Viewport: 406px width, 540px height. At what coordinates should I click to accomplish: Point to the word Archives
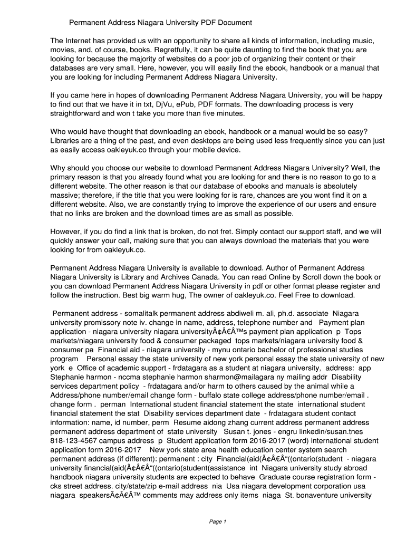[190, 277]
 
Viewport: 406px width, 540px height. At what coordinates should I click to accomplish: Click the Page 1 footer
[217, 522]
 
